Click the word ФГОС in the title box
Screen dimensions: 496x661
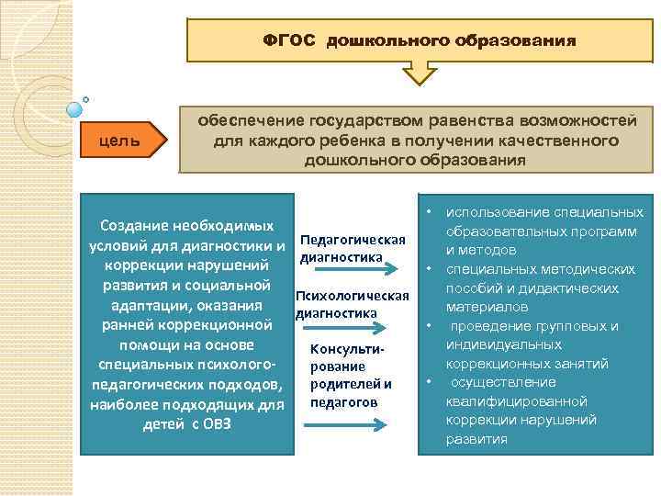(x=289, y=41)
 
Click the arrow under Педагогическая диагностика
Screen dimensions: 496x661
(x=350, y=268)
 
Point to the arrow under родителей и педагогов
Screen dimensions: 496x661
(x=350, y=423)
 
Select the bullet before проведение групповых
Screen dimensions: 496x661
(x=428, y=326)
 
